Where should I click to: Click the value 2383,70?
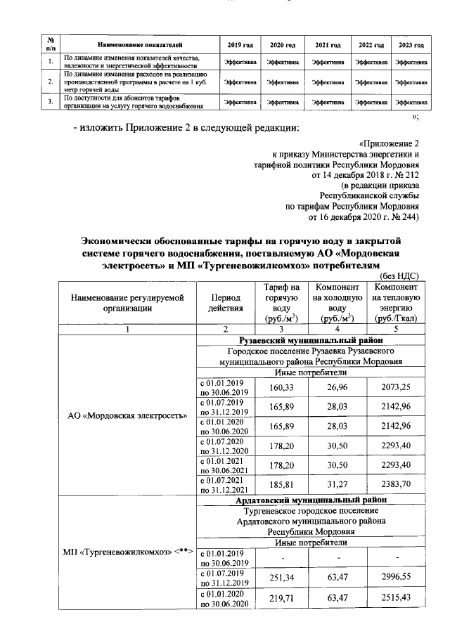pyautogui.click(x=397, y=484)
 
